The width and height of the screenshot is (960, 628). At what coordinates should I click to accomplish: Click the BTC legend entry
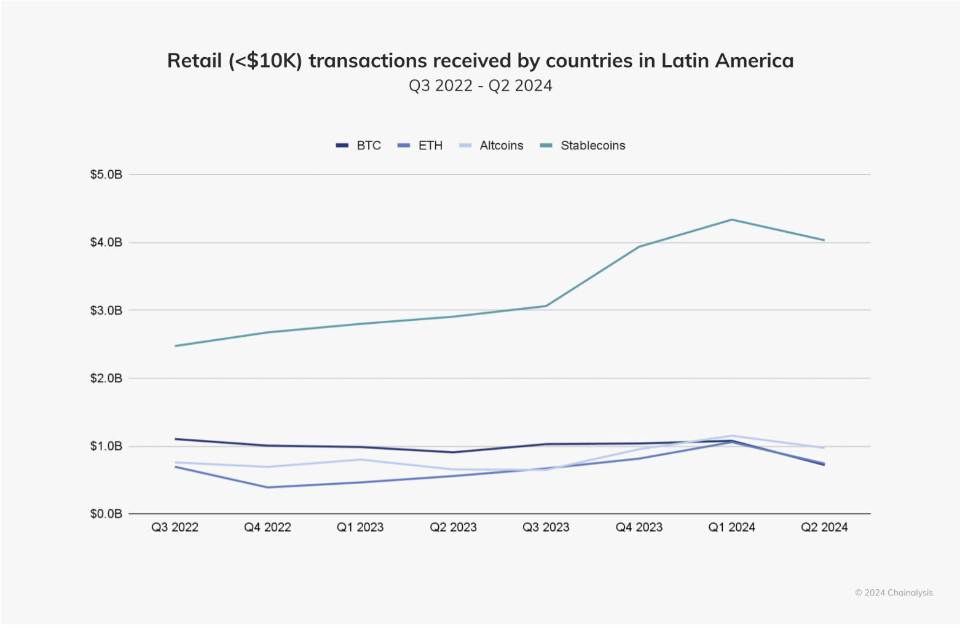pos(359,146)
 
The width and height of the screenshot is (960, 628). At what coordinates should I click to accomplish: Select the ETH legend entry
pos(420,146)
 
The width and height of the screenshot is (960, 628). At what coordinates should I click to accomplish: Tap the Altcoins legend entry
pos(492,146)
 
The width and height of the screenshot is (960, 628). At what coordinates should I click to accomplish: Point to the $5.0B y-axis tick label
pos(106,175)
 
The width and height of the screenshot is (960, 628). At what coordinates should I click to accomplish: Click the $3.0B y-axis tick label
pos(106,311)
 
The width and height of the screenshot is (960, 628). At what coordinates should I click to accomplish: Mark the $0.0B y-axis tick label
pos(106,514)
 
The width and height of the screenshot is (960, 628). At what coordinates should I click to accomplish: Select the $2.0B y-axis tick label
pos(106,379)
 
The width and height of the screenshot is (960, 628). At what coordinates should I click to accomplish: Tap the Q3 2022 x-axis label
pos(175,528)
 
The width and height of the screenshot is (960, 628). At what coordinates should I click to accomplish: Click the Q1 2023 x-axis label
pos(360,528)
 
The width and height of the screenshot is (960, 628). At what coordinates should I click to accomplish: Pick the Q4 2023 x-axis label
pos(639,528)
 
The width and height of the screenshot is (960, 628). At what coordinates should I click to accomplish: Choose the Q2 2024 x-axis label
pos(824,528)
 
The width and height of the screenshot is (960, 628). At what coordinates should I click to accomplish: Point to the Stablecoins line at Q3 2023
pos(546,305)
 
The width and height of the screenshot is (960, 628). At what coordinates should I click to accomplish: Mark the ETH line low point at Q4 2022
pos(267,487)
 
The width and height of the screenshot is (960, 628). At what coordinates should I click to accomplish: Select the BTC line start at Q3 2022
pos(176,439)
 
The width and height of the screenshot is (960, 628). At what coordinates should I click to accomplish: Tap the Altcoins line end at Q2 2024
pos(824,447)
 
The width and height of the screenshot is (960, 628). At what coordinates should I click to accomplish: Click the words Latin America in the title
pos(727,61)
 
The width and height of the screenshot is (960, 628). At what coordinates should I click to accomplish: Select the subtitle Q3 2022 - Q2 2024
pos(480,86)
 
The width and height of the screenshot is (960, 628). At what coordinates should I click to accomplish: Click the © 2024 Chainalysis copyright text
pos(894,593)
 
